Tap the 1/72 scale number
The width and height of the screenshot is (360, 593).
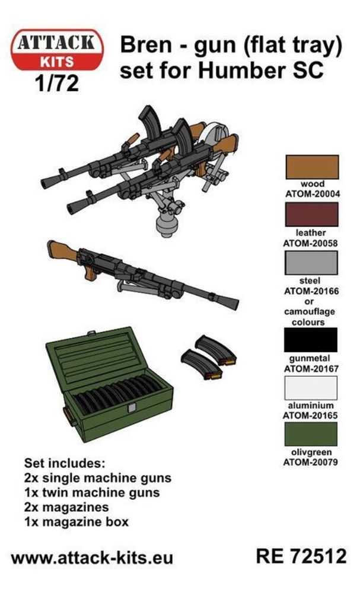tap(57, 83)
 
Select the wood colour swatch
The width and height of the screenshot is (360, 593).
tap(311, 167)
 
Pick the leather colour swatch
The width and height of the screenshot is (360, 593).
tap(311, 214)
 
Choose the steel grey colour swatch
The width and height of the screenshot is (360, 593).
tap(311, 263)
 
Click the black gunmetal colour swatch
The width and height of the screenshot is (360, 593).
tap(310, 340)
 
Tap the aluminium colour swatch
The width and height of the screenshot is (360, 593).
tap(310, 388)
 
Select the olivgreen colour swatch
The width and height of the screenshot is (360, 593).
tap(310, 434)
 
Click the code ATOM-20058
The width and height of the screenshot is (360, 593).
tap(311, 243)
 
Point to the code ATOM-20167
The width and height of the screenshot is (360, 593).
tap(311, 368)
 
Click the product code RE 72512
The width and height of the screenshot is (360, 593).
tap(301, 556)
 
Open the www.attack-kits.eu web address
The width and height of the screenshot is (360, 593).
tap(93, 558)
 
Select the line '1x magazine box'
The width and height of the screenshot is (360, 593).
tap(77, 522)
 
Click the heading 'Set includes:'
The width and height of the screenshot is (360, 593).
tap(65, 463)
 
